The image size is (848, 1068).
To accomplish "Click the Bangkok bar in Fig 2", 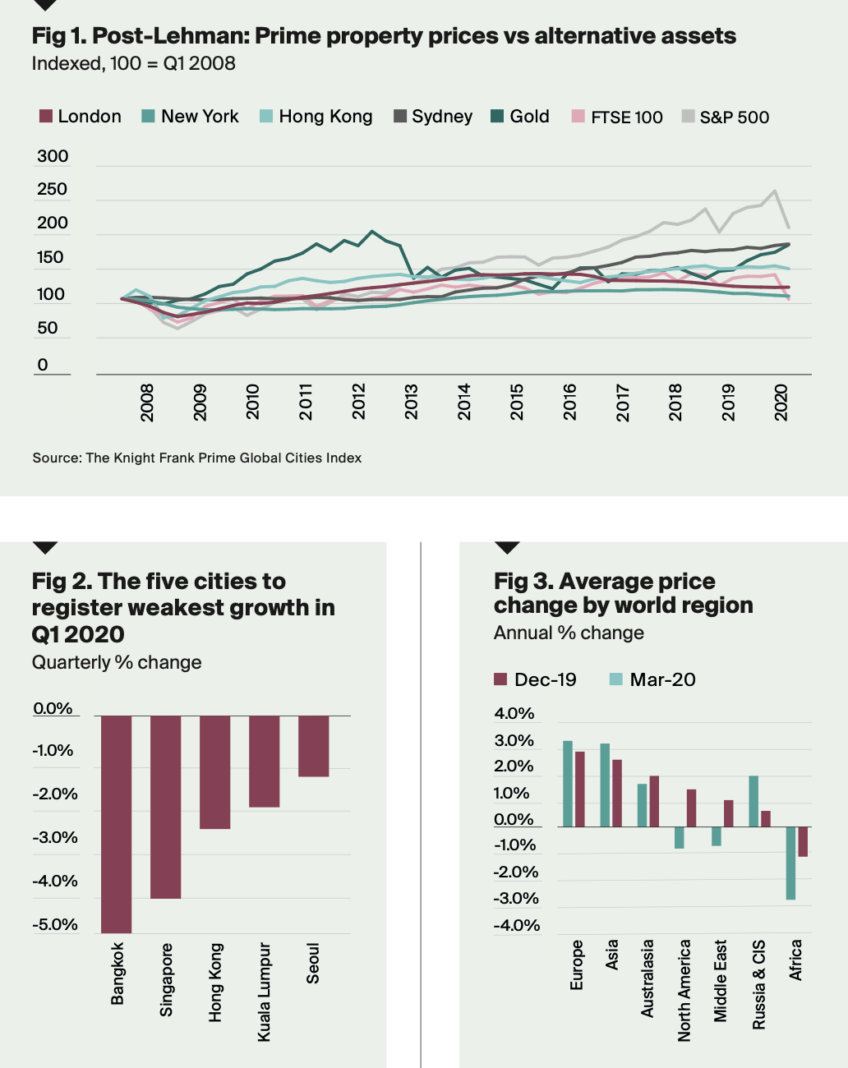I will pyautogui.click(x=116, y=823).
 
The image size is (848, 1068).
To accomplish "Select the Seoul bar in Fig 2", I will pyautogui.click(x=313, y=746).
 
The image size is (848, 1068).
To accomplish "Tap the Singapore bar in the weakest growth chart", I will pyautogui.click(x=165, y=807).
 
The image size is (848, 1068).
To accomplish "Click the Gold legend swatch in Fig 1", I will pyautogui.click(x=497, y=117).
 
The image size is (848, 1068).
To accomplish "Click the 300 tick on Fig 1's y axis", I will pyautogui.click(x=53, y=156).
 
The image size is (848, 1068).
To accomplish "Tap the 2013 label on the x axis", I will pyautogui.click(x=411, y=402).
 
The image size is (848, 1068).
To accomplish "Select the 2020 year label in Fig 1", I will pyautogui.click(x=781, y=402).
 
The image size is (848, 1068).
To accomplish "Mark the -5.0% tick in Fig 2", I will pyautogui.click(x=55, y=924).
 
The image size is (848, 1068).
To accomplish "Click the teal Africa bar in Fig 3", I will pyautogui.click(x=790, y=863).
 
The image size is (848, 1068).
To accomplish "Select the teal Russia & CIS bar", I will pyautogui.click(x=754, y=801).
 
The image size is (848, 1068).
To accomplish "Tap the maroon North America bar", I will pyautogui.click(x=691, y=808).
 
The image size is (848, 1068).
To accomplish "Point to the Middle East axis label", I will pyautogui.click(x=721, y=980).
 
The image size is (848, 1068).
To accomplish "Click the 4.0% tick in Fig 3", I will pyautogui.click(x=514, y=713).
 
